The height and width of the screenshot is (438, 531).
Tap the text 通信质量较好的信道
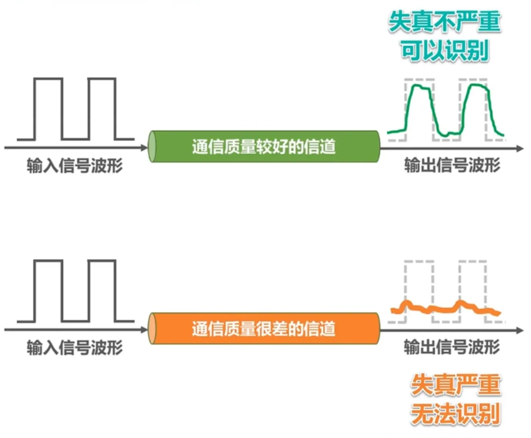tap(264, 147)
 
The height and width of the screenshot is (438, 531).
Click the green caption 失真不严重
tap(445, 21)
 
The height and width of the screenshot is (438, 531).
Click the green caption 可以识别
tap(445, 50)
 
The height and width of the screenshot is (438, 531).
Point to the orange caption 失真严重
tap(455, 384)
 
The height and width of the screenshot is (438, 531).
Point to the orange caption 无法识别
tap(455, 414)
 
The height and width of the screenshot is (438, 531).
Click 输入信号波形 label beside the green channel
tap(74, 166)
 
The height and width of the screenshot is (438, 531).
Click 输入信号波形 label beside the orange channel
tap(74, 347)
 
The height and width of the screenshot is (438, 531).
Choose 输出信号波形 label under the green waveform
tap(452, 165)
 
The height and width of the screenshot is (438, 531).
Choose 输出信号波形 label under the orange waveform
tap(452, 347)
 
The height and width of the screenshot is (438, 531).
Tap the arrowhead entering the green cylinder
tap(144, 148)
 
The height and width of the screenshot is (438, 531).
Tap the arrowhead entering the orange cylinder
tap(144, 330)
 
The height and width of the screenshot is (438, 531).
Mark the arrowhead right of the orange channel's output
tap(520, 331)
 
